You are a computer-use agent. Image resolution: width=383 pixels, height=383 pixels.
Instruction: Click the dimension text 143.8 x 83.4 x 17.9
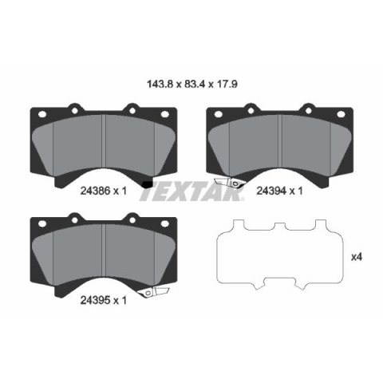point(192,85)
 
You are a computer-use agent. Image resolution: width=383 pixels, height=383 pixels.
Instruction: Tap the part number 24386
point(95,191)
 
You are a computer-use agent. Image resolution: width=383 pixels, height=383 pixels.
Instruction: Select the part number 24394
point(271,191)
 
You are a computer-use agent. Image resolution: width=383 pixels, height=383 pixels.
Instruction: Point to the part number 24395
point(95,301)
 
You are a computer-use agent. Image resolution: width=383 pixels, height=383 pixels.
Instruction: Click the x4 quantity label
point(357,257)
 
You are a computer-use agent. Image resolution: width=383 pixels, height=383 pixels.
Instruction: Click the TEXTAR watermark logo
point(191,191)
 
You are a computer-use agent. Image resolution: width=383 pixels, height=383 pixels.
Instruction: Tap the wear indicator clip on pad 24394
point(229,183)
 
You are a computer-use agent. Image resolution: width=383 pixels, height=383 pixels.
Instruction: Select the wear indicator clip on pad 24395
point(154,292)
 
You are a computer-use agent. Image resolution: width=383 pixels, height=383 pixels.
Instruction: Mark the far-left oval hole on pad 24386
point(42,114)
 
